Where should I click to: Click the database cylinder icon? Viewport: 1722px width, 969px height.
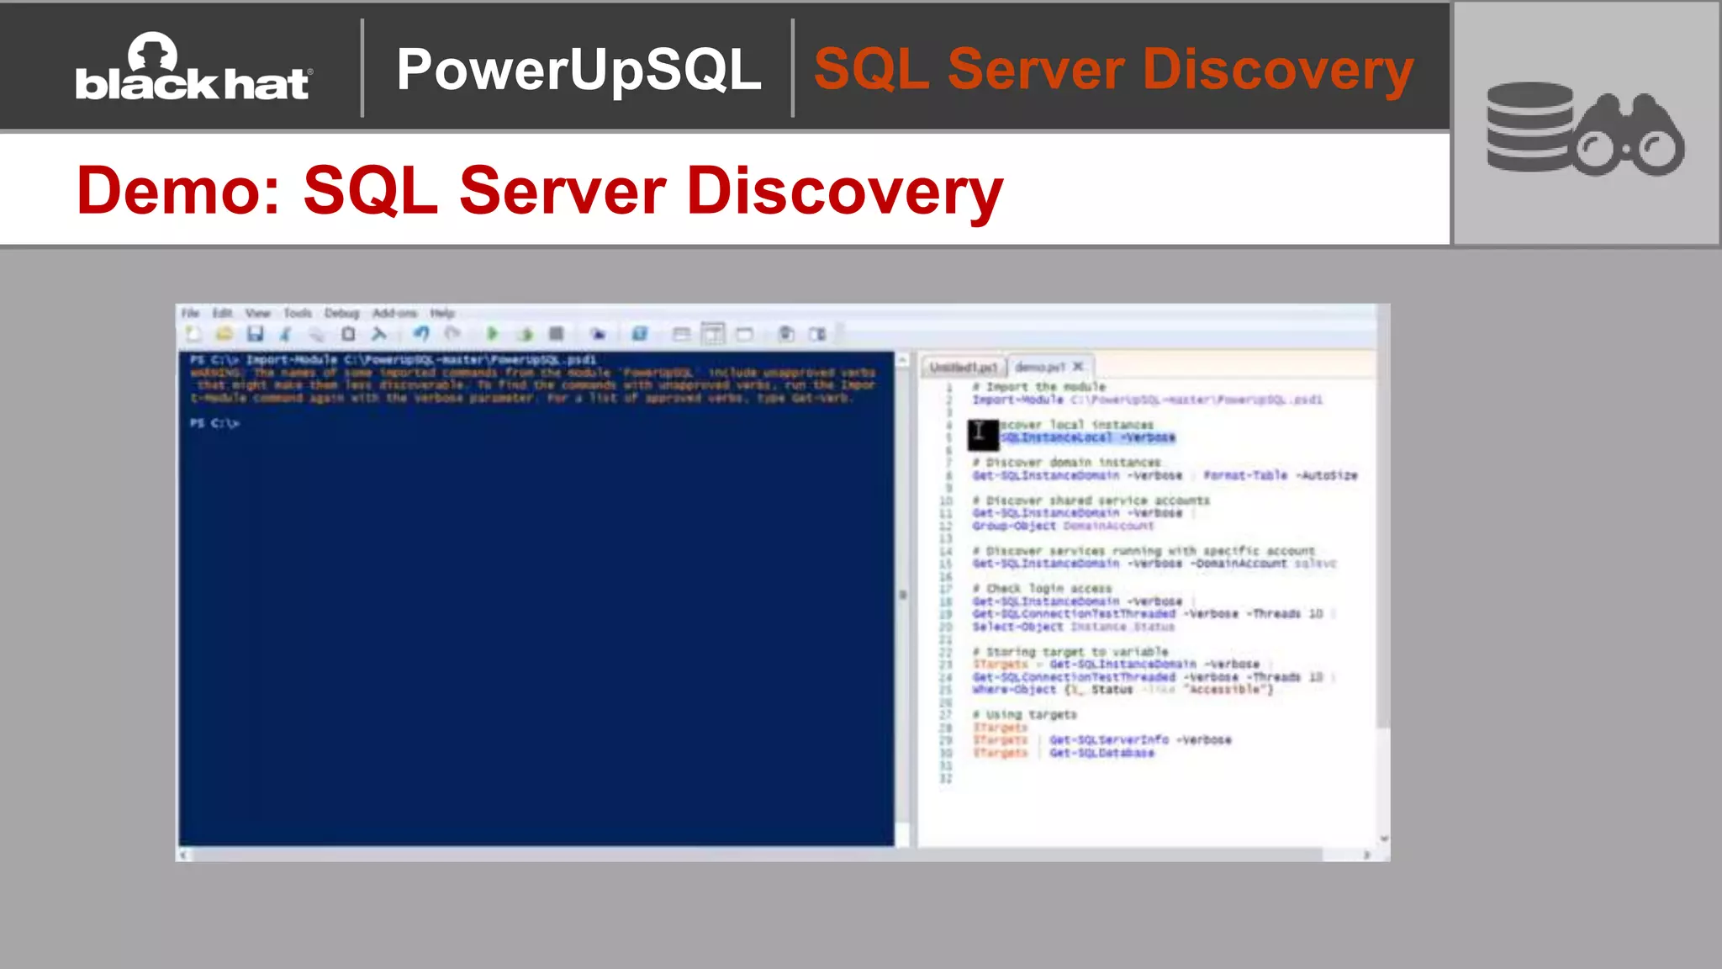[x=1529, y=126]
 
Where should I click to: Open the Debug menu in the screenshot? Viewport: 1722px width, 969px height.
[x=341, y=313]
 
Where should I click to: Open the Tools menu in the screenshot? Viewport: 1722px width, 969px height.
[x=297, y=313]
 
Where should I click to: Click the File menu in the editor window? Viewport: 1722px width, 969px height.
[x=191, y=313]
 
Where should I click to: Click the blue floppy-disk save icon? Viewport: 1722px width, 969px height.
[x=255, y=334]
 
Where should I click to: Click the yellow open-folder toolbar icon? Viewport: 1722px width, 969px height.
[x=224, y=334]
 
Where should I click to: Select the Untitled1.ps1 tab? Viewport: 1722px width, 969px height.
[x=963, y=367]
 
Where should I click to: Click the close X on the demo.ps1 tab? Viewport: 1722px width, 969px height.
[x=1078, y=367]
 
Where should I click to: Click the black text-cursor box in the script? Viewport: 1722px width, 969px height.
[x=982, y=434]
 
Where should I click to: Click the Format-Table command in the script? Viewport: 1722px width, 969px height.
[x=1244, y=475]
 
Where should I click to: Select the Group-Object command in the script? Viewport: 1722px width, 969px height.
[x=1014, y=526]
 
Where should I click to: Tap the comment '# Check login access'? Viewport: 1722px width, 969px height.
[x=1043, y=589]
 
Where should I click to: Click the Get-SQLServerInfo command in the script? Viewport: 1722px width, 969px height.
[x=1109, y=740]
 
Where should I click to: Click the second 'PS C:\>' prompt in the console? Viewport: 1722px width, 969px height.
[x=214, y=423]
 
